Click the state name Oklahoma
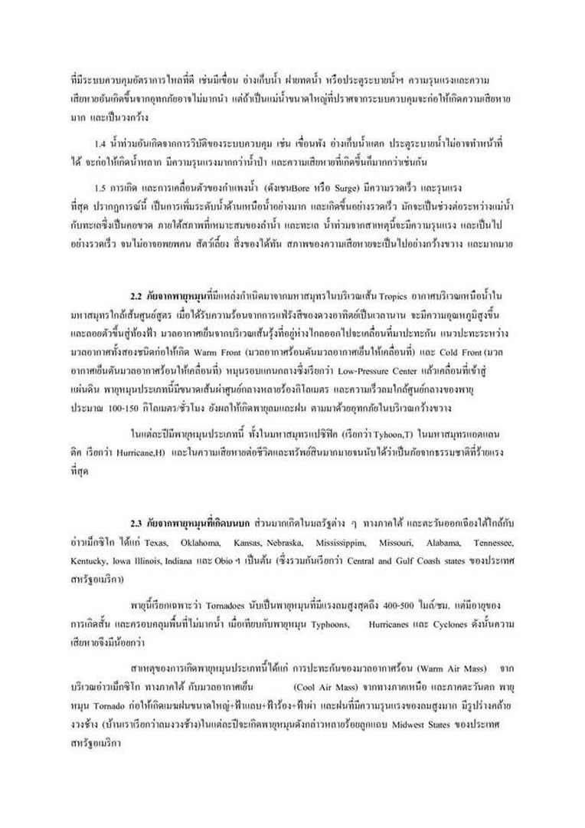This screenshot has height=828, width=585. tap(202, 543)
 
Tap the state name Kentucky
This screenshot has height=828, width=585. tap(87, 561)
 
